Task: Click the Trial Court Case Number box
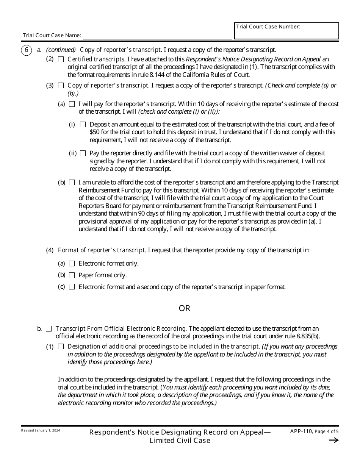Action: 286,31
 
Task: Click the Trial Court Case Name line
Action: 157,36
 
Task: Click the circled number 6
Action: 26,50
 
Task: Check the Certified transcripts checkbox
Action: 61,59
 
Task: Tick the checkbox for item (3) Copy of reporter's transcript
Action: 61,86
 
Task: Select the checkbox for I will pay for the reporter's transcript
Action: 72,104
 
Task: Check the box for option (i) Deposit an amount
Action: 83,125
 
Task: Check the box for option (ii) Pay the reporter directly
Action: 83,153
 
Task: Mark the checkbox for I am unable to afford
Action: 72,183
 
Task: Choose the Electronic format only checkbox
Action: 72,264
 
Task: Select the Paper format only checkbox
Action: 72,275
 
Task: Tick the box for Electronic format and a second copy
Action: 72,287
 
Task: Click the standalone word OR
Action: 185,308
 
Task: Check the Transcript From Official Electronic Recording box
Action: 49,329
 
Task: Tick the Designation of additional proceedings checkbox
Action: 61,347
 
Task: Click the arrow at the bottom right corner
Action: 334,440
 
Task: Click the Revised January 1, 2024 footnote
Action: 41,431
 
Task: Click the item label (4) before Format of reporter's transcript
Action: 50,250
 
